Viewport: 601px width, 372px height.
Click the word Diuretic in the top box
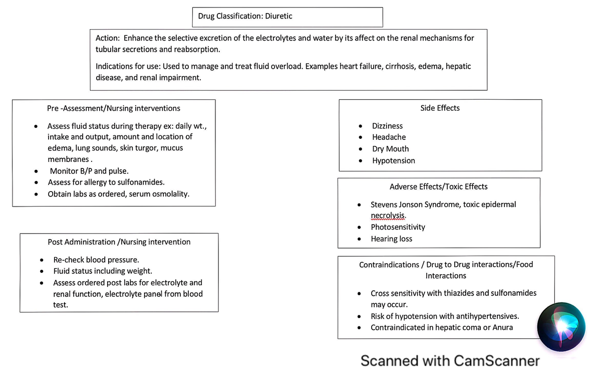[x=278, y=16]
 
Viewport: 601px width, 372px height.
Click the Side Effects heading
[x=440, y=108]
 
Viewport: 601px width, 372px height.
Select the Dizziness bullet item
[x=387, y=126]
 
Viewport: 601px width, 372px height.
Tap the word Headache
[x=389, y=137]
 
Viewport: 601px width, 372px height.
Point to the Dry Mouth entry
[x=390, y=149]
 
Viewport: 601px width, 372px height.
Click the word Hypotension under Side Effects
[x=393, y=160]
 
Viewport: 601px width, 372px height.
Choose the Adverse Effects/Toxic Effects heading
[x=438, y=187]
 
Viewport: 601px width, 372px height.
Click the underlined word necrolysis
[x=388, y=215]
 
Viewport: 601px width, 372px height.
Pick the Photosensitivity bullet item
[x=398, y=227]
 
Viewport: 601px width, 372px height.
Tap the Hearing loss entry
[x=391, y=239]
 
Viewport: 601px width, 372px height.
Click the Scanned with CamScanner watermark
[x=450, y=360]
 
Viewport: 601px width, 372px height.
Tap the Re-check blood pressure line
[x=96, y=260]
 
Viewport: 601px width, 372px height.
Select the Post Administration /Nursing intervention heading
[x=119, y=242]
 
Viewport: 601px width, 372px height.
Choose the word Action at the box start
[x=107, y=38]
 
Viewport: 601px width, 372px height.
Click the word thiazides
[x=460, y=293]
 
